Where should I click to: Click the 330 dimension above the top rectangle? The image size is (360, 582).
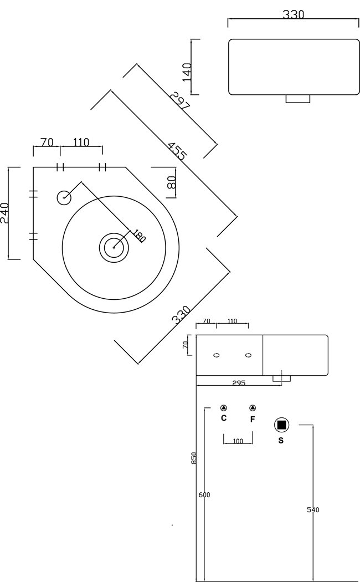coord(294,14)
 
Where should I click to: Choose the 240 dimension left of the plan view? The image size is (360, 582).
coord(4,213)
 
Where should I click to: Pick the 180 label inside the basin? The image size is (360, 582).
coord(138,236)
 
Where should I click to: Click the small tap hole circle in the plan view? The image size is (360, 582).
coord(64,197)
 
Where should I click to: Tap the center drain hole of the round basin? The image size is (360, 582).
coord(114,246)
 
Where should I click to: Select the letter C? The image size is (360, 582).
coord(224,418)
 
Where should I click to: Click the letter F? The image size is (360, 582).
coord(253,419)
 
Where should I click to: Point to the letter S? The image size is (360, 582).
coord(281,441)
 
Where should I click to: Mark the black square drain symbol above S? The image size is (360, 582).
coord(282,425)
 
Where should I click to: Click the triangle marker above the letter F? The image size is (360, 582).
coord(253,407)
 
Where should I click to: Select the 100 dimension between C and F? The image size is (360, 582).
coord(238,441)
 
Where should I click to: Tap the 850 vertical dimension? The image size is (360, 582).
coord(194,458)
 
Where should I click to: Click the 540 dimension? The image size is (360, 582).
coord(313,509)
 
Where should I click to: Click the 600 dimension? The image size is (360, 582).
coord(204,495)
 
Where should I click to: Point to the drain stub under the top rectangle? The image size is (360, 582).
coord(298,99)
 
